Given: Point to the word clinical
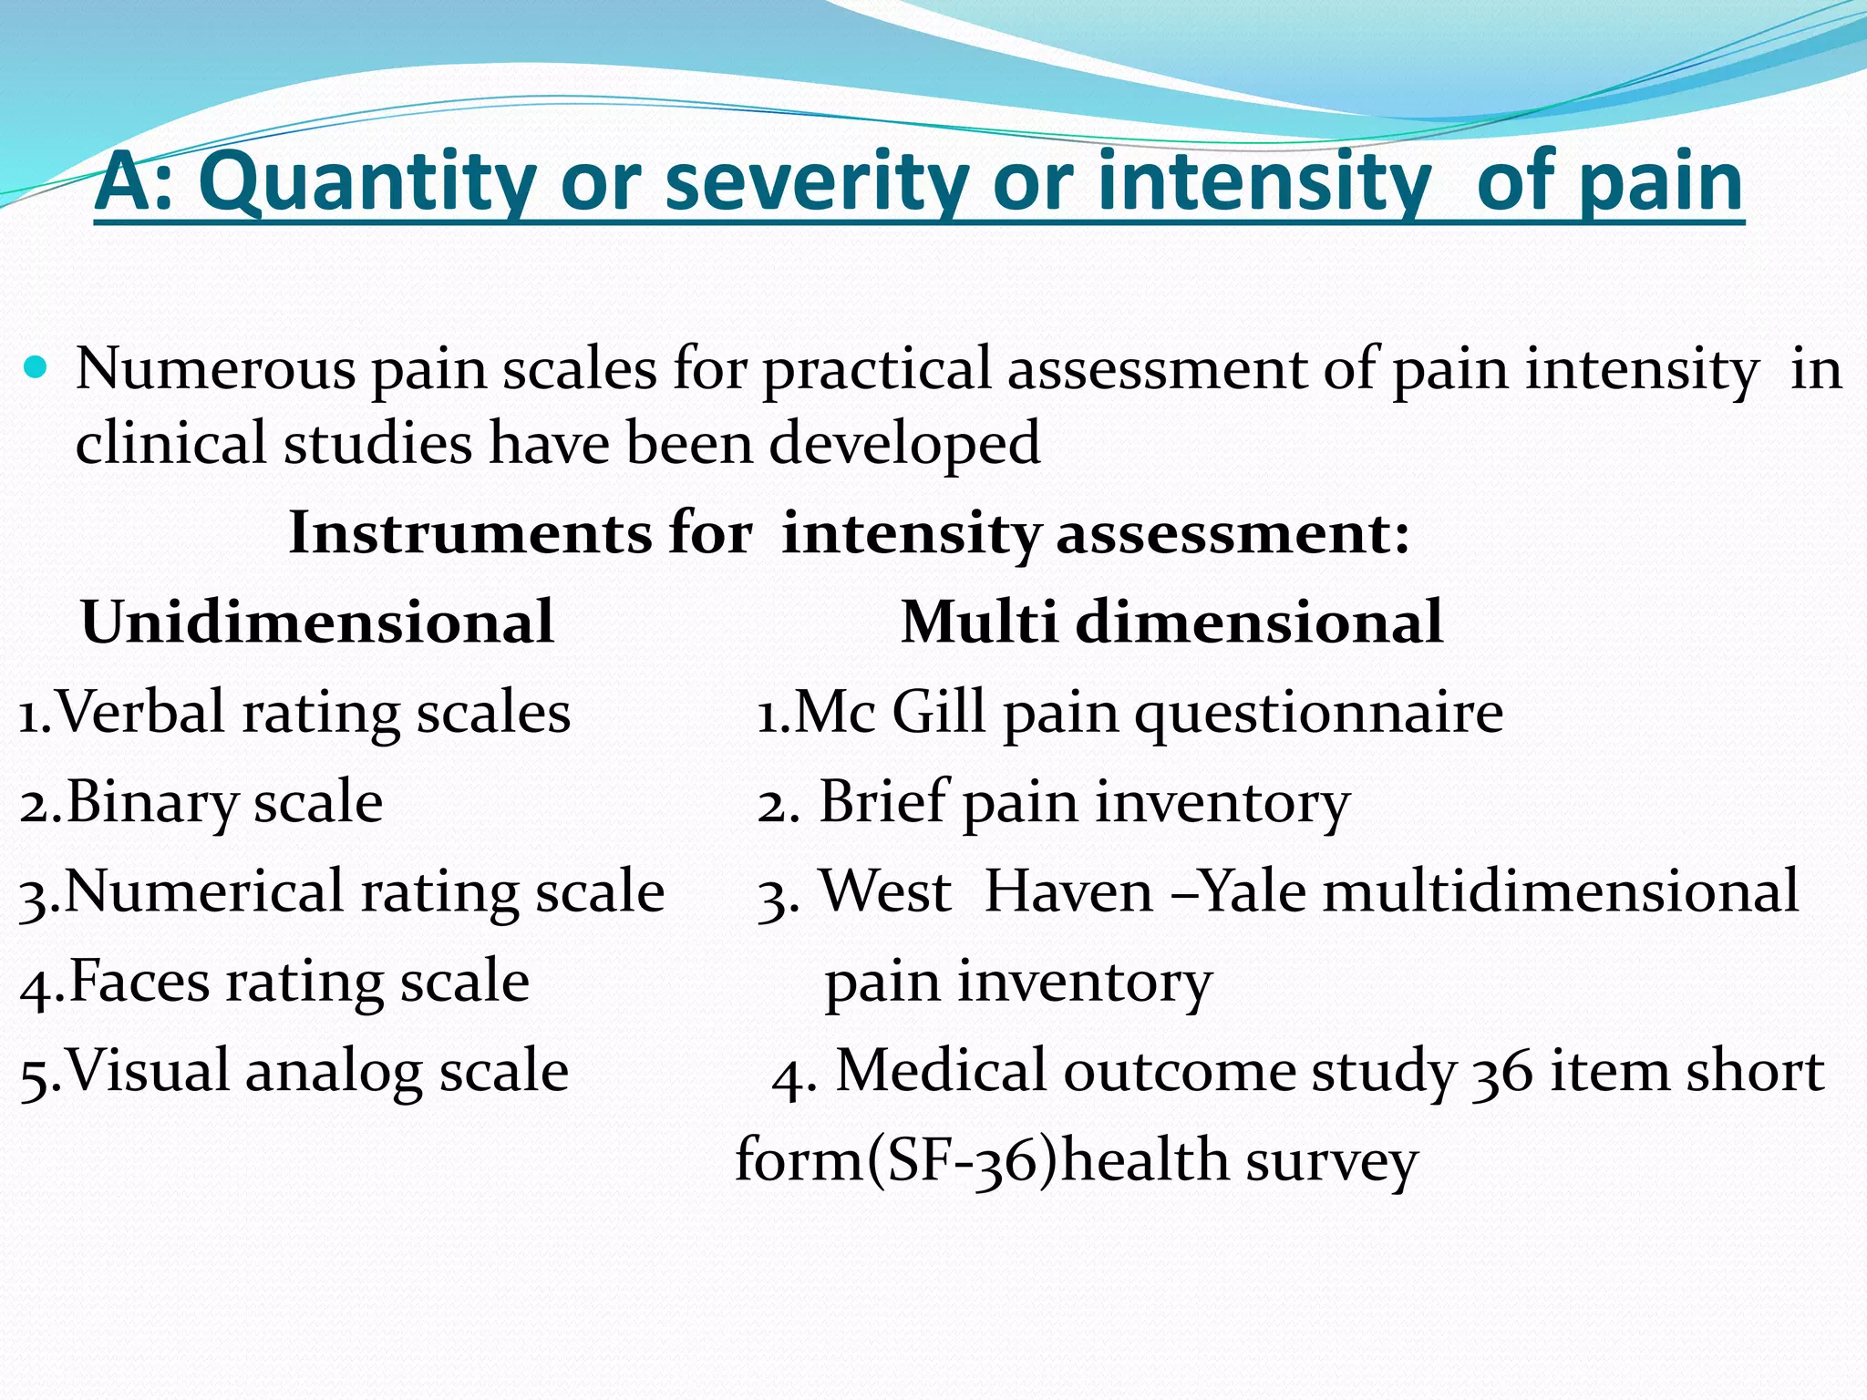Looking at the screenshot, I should tap(169, 444).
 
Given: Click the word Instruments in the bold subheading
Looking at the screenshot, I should tap(470, 533).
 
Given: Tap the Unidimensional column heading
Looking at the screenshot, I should tap(317, 623).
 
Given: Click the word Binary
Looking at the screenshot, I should tap(151, 802).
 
